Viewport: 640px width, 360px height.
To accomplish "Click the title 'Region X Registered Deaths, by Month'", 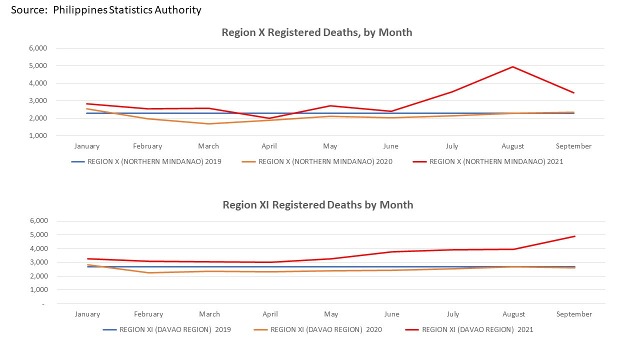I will [317, 32].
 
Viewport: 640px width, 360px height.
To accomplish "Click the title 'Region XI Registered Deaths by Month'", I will [318, 205].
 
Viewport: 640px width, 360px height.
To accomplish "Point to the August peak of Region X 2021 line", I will [513, 67].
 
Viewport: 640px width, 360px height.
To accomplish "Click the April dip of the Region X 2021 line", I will [269, 118].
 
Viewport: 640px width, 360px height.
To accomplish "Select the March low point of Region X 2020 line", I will [208, 123].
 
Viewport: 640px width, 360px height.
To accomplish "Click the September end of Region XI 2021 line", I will [574, 236].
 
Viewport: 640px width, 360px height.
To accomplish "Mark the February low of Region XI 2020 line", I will [148, 272].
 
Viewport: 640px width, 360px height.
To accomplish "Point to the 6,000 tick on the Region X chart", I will [38, 48].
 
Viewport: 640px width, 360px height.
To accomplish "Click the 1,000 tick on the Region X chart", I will [38, 135].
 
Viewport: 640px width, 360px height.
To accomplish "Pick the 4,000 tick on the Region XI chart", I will [38, 248].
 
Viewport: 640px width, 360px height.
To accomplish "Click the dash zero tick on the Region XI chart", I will [43, 303].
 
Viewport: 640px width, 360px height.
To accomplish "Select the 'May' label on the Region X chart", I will [330, 146].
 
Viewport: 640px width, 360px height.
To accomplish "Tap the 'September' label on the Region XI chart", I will [574, 314].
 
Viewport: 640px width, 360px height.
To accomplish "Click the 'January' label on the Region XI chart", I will [87, 314].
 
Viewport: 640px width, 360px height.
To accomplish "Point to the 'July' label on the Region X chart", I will [451, 146].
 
